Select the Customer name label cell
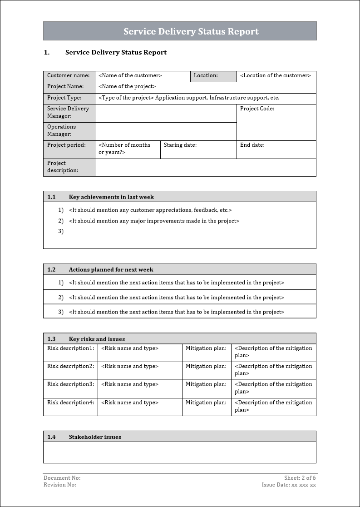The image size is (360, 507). pos(69,76)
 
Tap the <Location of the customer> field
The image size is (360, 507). pos(276,76)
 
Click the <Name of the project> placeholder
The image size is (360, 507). pos(127,87)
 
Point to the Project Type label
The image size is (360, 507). pos(64,98)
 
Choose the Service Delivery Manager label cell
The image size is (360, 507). pos(69,112)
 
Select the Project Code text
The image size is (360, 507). pos(257,109)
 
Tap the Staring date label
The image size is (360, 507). pos(180,145)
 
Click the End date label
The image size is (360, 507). pos(252,145)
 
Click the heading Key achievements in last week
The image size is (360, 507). pos(111,197)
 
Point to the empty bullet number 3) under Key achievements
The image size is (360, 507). pos(61,232)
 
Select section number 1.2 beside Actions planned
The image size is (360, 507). pos(51,270)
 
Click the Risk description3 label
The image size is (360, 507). pos(71,384)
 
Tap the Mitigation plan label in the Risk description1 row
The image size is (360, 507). pos(206,348)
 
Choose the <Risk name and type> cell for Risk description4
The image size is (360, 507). pos(130,403)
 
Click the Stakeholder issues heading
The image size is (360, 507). pos(95,437)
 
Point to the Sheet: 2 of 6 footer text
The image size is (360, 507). pos(300,478)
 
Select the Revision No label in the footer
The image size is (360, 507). pos(60,485)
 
